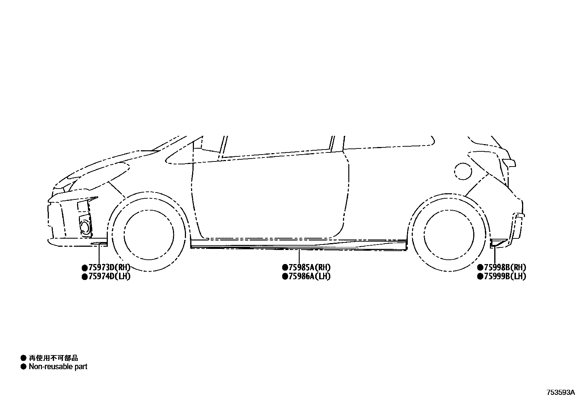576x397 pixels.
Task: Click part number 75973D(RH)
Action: click(x=109, y=268)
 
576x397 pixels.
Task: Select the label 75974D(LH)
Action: click(x=109, y=276)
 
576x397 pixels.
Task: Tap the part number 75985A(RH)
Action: click(x=309, y=268)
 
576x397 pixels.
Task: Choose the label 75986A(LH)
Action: click(x=309, y=276)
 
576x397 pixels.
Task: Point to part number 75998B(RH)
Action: click(x=504, y=268)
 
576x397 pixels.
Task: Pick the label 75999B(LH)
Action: click(x=504, y=276)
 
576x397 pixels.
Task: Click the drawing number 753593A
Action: click(x=560, y=392)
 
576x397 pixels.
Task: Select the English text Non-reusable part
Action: click(x=58, y=367)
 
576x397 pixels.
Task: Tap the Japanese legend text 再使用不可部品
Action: click(x=54, y=358)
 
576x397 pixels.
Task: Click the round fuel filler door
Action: click(x=464, y=171)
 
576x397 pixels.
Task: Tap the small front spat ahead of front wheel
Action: click(x=99, y=244)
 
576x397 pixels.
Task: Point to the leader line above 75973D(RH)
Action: click(x=99, y=255)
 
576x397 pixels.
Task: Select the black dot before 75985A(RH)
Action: click(x=285, y=268)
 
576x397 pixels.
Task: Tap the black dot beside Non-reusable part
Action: click(x=24, y=367)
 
